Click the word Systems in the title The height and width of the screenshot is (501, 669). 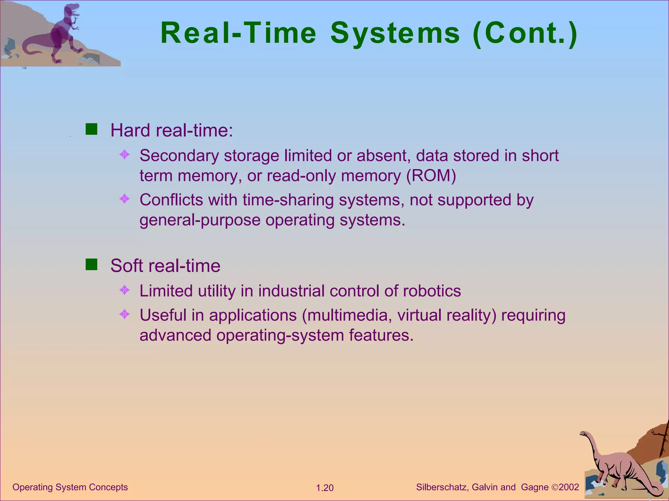395,33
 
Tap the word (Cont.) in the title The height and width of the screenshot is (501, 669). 525,33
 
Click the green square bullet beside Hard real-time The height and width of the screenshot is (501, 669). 91,129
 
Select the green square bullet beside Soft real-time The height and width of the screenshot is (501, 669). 91,265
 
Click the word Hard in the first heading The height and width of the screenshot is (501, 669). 130,130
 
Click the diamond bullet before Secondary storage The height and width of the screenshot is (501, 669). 124,154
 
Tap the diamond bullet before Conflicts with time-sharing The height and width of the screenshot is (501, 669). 124,198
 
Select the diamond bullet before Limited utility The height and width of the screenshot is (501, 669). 124,289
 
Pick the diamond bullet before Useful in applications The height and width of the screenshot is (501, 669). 124,314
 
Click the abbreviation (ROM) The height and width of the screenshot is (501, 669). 431,176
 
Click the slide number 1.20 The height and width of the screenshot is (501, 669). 325,488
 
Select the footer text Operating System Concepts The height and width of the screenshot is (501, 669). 70,487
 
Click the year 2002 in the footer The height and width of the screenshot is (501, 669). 569,487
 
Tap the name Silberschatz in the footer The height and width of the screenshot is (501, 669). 442,487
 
